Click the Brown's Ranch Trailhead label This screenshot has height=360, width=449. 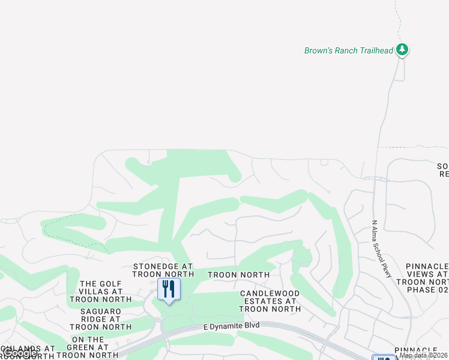(x=349, y=50)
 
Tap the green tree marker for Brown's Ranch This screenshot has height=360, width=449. (x=403, y=50)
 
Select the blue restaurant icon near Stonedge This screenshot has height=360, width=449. (x=168, y=289)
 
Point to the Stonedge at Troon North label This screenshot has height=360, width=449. (x=163, y=270)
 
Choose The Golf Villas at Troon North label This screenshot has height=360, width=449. (x=101, y=292)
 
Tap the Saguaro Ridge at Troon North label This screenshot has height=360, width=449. (x=101, y=319)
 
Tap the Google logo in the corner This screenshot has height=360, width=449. (x=19, y=353)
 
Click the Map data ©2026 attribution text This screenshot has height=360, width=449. (x=423, y=355)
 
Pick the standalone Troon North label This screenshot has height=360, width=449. (x=238, y=275)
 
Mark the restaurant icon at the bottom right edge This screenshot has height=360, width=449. (x=382, y=358)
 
